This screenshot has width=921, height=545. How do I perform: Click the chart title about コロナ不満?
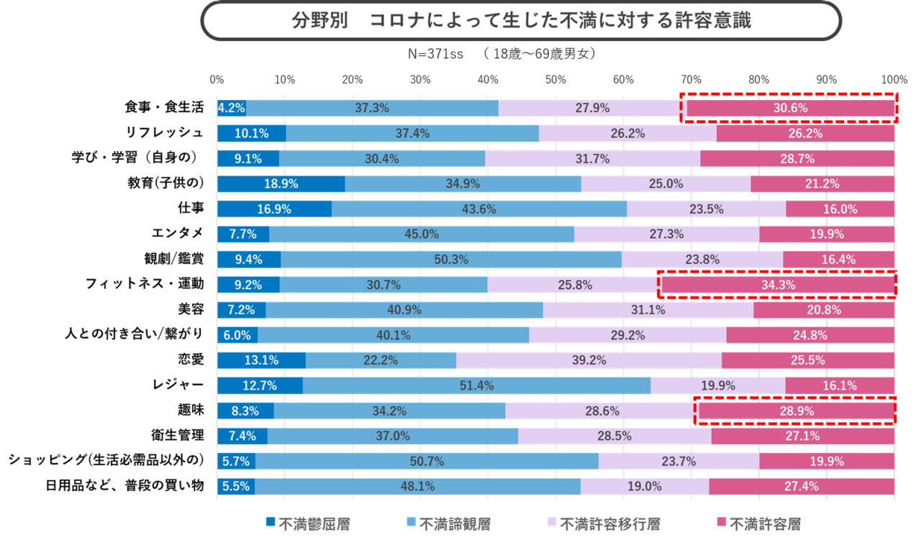[521, 21]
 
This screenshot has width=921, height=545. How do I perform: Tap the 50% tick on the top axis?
[555, 80]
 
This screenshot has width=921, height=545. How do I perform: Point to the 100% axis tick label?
[894, 80]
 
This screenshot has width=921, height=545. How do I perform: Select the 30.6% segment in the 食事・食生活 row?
[789, 109]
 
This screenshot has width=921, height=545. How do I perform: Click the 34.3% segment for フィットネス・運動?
[778, 285]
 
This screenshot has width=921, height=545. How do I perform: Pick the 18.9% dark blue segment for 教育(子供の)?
[281, 183]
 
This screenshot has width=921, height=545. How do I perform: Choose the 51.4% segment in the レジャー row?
[476, 385]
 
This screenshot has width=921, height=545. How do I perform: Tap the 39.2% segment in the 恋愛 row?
[589, 360]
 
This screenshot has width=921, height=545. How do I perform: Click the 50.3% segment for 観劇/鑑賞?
[451, 260]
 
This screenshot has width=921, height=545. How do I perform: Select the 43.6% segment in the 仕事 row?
[479, 209]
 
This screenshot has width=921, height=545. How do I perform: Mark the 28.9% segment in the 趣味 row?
[796, 411]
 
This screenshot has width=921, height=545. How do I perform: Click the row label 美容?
[191, 309]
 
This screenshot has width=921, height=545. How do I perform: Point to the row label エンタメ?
[176, 233]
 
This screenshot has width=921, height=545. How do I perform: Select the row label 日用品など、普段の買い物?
[124, 486]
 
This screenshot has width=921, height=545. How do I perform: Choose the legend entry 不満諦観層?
[448, 524]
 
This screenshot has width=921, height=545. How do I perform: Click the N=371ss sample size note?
[435, 55]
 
